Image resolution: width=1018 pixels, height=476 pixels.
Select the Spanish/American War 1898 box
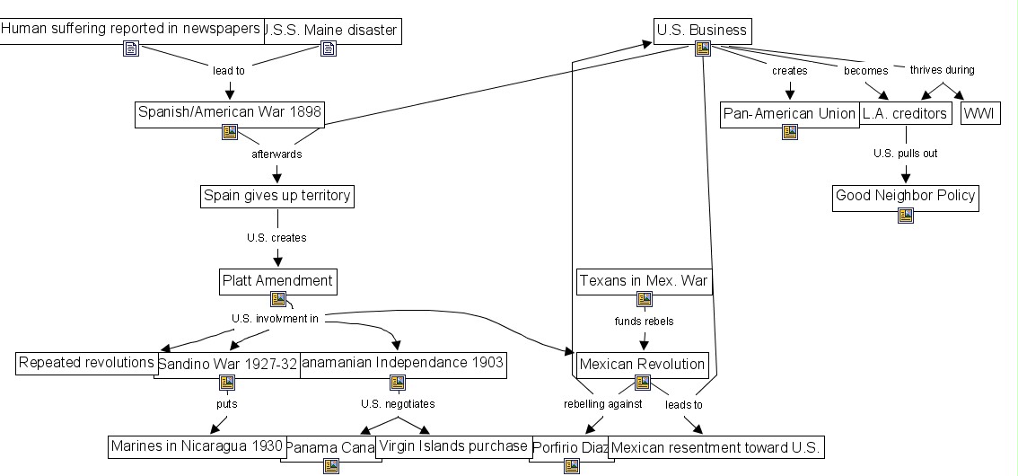coord(229,112)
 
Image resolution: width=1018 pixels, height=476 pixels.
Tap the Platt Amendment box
coord(277,281)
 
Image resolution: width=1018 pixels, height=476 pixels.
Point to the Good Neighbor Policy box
coord(905,196)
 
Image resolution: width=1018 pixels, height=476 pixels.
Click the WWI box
coord(980,114)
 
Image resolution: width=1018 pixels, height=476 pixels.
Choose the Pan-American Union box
coord(789,114)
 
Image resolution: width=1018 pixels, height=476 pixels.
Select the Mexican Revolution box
coord(642,365)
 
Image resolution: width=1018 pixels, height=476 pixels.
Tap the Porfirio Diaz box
coord(569,447)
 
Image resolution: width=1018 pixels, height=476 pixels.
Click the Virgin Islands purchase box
coord(452,445)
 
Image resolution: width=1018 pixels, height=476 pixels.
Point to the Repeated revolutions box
coord(86,363)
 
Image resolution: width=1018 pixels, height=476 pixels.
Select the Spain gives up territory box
coord(276,196)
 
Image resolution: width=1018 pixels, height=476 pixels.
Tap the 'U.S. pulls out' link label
coord(905,154)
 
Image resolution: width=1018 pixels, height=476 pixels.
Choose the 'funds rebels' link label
coord(644,321)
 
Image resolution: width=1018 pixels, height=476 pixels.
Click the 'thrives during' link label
coord(942,70)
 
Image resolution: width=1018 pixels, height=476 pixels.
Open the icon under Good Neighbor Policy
coord(905,216)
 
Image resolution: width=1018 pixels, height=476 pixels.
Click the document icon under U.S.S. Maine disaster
coord(329,49)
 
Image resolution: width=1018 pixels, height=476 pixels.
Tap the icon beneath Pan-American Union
coord(789,132)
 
